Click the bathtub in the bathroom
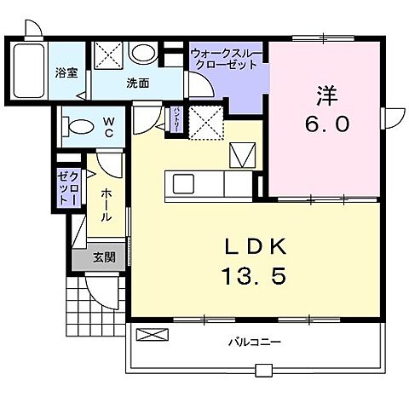coord(31,72)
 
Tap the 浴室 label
coord(67,73)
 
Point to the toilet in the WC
coord(78,129)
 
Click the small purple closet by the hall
coord(67,187)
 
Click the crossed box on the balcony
coord(147,335)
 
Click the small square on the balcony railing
coord(266,369)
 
